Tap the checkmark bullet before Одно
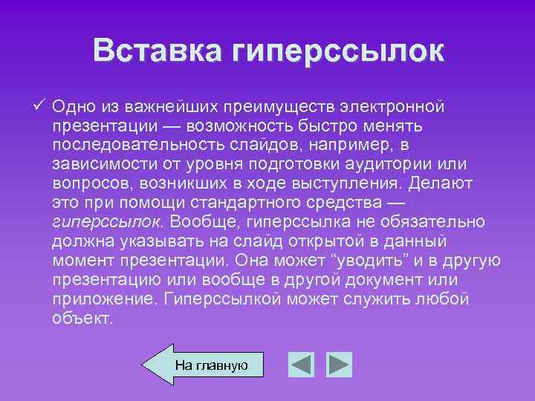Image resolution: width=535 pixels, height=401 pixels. click(39, 104)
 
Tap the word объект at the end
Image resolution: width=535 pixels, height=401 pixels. click(82, 318)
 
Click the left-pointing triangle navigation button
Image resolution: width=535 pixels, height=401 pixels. click(301, 365)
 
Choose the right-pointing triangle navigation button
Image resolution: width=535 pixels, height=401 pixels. click(340, 365)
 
